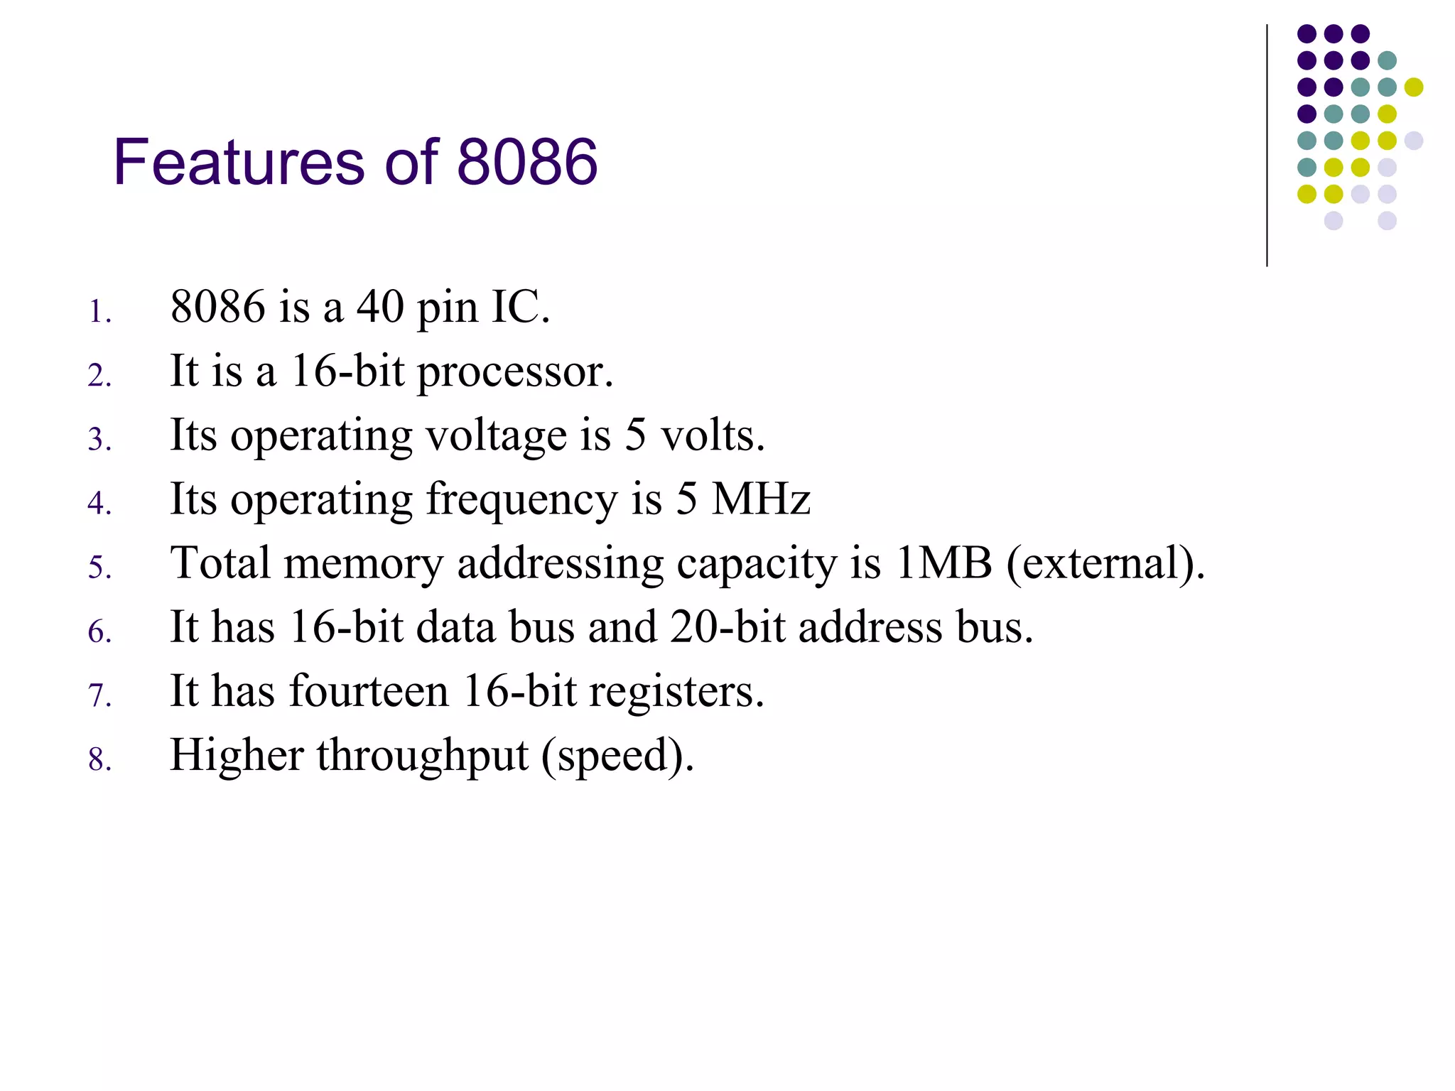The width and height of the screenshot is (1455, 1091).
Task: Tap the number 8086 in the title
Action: point(526,163)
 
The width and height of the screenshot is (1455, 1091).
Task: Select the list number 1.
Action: point(99,312)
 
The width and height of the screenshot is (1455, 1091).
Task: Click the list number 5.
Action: point(99,568)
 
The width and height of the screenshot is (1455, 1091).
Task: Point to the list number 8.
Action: point(99,759)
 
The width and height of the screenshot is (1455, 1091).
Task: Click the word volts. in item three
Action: point(713,435)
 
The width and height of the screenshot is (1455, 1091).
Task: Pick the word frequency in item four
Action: point(521,500)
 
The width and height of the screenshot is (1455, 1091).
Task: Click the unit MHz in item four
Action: point(761,499)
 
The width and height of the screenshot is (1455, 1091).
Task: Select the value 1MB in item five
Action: point(943,563)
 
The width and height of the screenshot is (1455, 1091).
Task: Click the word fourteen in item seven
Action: point(369,691)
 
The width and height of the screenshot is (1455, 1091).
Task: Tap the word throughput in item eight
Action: point(422,756)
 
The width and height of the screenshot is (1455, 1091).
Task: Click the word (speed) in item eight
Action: point(617,756)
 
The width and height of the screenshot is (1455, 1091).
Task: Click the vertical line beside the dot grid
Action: point(1267,146)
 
